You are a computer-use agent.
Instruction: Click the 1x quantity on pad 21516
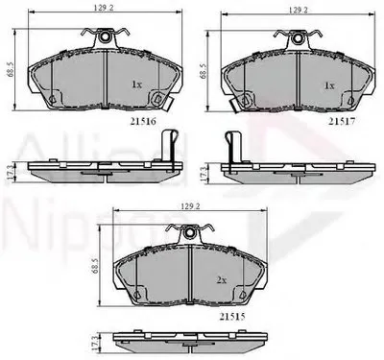click(x=138, y=84)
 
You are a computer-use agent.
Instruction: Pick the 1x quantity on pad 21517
click(x=330, y=84)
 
